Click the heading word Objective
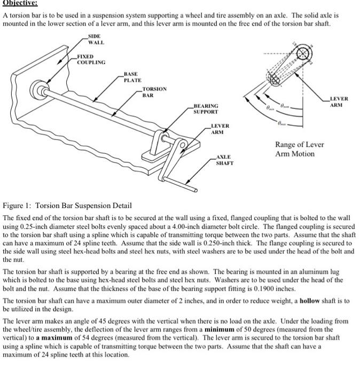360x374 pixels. pos(20,3)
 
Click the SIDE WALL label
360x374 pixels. pos(96,40)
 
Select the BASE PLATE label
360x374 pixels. pos(132,77)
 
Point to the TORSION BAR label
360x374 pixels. pos(154,92)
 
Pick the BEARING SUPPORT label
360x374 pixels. pos(206,110)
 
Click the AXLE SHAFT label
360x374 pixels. pos(224,160)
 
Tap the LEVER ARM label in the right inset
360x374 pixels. pos(339,102)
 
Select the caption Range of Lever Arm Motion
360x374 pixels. pos(299,149)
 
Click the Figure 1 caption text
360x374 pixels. pos(67,206)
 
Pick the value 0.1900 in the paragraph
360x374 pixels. pos(273,289)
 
